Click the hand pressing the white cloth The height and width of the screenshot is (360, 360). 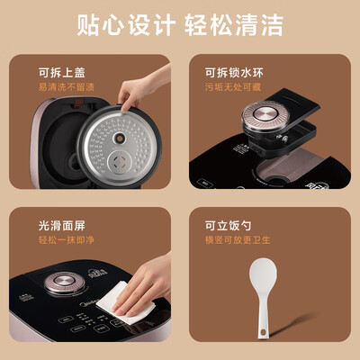[x=148, y=283]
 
